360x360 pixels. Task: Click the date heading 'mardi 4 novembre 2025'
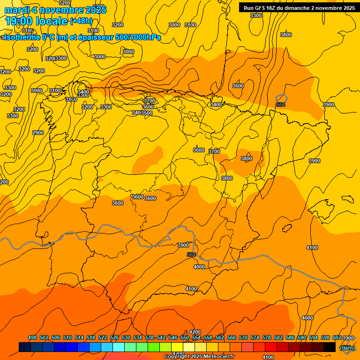click(x=55, y=10)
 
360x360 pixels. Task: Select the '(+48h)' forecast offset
click(x=81, y=21)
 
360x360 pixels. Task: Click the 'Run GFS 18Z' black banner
click(x=299, y=7)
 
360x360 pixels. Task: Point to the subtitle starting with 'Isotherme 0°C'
click(x=82, y=37)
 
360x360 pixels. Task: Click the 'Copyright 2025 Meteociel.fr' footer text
click(x=199, y=357)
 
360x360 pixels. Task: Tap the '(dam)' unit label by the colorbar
click(x=347, y=347)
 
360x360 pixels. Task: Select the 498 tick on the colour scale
click(x=32, y=337)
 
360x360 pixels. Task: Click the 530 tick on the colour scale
click(x=126, y=337)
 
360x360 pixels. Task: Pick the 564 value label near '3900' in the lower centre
click(x=191, y=255)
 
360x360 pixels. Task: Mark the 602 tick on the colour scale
click(x=337, y=337)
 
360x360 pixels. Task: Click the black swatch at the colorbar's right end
click(x=330, y=347)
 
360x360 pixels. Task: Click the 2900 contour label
click(x=38, y=133)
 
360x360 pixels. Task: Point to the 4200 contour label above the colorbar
click(x=195, y=332)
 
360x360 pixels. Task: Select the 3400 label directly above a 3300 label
click(x=83, y=92)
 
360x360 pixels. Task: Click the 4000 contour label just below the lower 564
click(x=199, y=266)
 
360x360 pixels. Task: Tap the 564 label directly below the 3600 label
click(x=281, y=105)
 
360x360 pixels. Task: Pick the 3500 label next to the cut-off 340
click(x=147, y=113)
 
